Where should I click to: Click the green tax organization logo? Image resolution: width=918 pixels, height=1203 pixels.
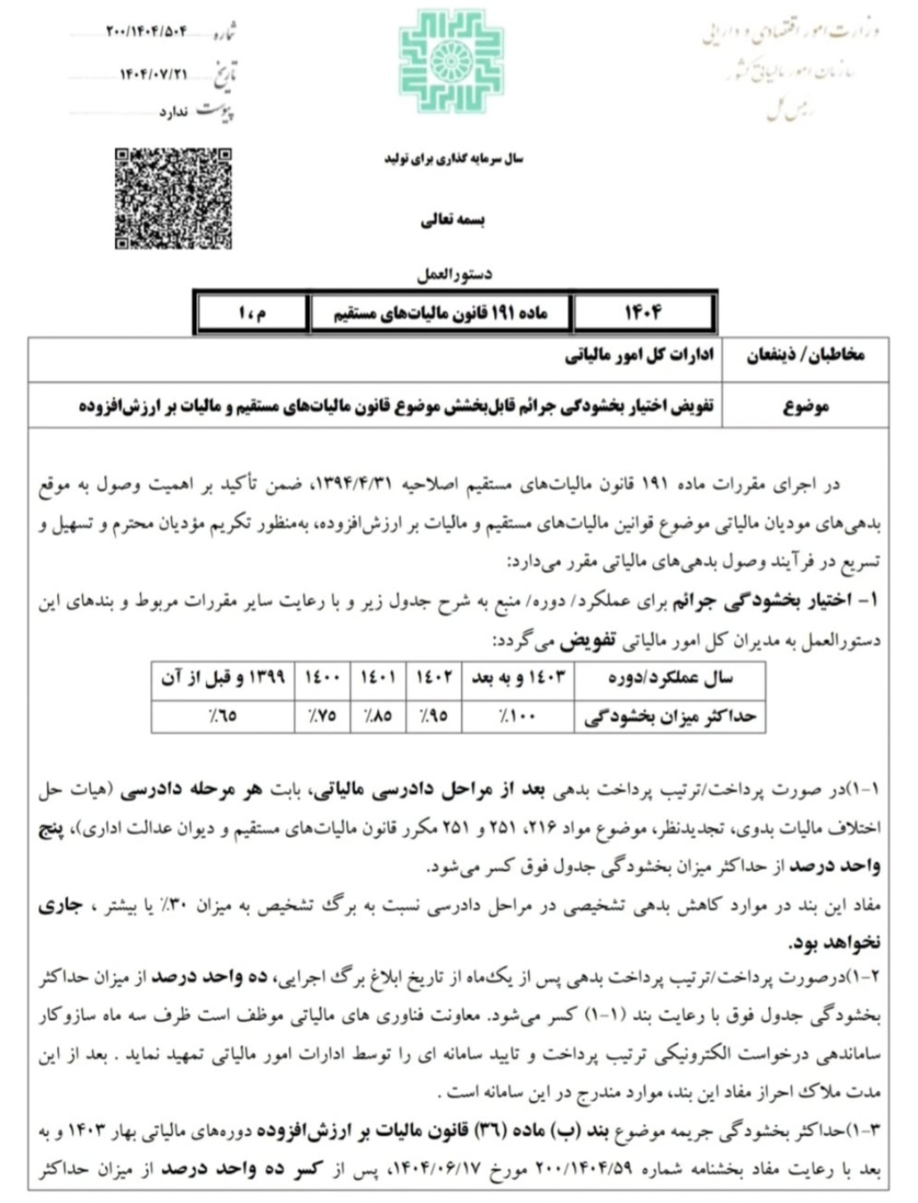coord(451,61)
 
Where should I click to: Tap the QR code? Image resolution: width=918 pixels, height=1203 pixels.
coord(173,198)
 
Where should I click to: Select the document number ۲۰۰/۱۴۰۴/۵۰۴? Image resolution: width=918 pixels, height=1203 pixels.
coord(146,32)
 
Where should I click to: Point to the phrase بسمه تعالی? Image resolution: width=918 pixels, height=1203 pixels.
coord(453,220)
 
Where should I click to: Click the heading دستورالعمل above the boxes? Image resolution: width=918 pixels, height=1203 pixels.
coord(454,275)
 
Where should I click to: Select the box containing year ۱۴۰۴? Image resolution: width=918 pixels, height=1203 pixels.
coord(643,314)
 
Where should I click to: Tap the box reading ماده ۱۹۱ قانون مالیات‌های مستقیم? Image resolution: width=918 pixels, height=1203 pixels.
coord(440,314)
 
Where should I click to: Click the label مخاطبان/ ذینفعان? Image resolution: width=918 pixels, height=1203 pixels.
coord(805,356)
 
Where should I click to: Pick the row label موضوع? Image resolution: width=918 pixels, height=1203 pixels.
coord(805,406)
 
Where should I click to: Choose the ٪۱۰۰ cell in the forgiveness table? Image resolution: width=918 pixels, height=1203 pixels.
coord(518,716)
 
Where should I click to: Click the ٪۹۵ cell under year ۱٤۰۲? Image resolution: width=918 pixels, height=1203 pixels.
coord(433,716)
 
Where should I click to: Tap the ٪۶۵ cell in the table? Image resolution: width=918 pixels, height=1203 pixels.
coord(223,716)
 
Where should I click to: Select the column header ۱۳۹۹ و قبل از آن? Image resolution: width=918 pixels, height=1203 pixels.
coord(223,678)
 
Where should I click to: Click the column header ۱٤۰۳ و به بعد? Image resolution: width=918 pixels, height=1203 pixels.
coord(518,678)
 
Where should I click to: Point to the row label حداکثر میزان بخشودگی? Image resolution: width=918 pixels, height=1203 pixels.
coord(670,716)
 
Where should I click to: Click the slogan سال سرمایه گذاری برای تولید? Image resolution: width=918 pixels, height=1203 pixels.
coord(453,159)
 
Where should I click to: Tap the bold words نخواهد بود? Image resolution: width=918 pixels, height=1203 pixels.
coord(834,942)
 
